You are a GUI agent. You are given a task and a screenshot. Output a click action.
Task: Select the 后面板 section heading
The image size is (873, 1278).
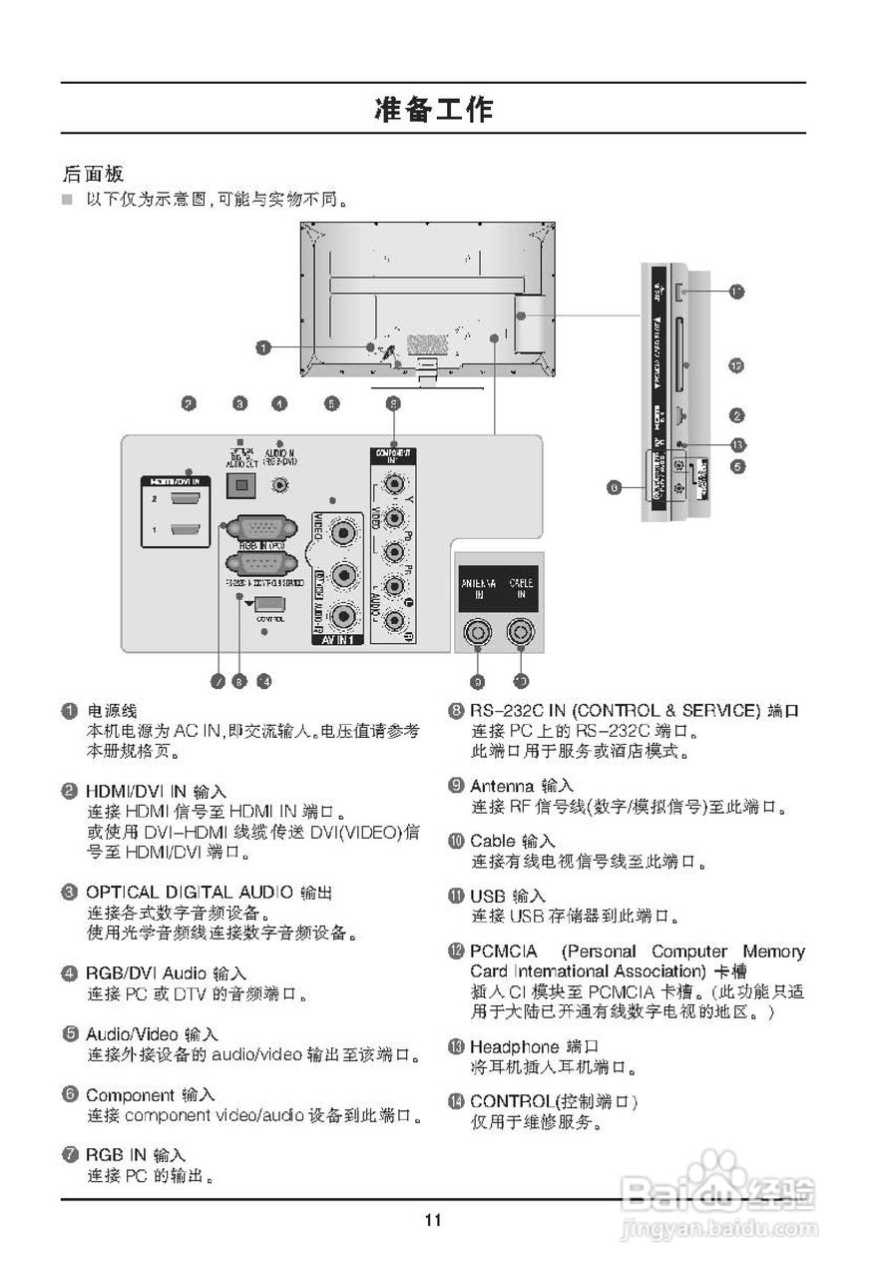pos(92,173)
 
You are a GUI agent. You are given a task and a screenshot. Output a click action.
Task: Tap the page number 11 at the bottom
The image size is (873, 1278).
pos(432,1219)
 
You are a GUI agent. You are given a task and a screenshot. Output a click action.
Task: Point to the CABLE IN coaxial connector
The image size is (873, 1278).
pos(521,632)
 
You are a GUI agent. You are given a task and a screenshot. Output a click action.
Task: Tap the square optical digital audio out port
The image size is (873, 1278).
pos(240,483)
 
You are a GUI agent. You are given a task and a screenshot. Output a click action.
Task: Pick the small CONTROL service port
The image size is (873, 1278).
pos(268,605)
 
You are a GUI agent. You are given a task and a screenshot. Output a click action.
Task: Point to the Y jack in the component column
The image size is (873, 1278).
pos(395,486)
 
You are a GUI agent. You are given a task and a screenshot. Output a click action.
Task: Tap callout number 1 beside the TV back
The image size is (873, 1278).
pos(262,347)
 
